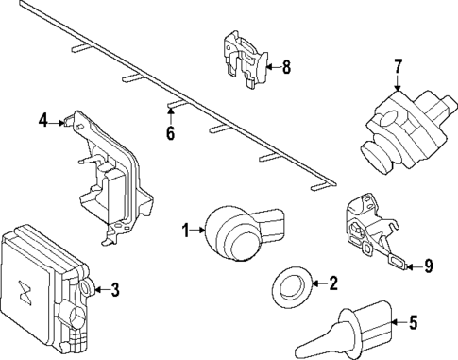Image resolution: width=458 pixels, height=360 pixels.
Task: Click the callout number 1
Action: pos(186,229)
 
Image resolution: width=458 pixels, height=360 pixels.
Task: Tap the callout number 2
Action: pos(331,282)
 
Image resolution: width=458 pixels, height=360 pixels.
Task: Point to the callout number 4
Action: pos(42,120)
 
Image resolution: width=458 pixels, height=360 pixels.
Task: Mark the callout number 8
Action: pos(287,66)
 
